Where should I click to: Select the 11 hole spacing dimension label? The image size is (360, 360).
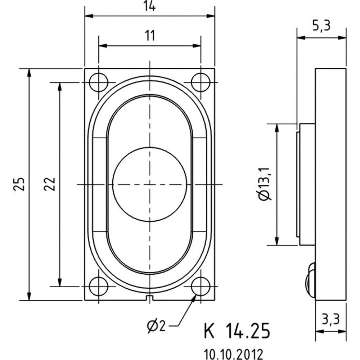(x=150, y=36)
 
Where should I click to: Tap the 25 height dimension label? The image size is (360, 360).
(x=21, y=184)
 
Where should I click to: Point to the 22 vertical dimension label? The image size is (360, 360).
(x=51, y=184)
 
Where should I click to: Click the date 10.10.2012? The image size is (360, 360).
(x=233, y=352)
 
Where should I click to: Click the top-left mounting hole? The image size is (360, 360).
(x=98, y=82)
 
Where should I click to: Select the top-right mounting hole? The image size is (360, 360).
(x=201, y=82)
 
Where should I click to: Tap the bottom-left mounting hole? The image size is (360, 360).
(x=98, y=287)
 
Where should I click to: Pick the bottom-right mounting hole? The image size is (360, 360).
(x=201, y=287)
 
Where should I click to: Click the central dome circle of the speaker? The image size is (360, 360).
(x=150, y=184)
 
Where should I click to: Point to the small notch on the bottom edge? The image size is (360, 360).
(x=150, y=297)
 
